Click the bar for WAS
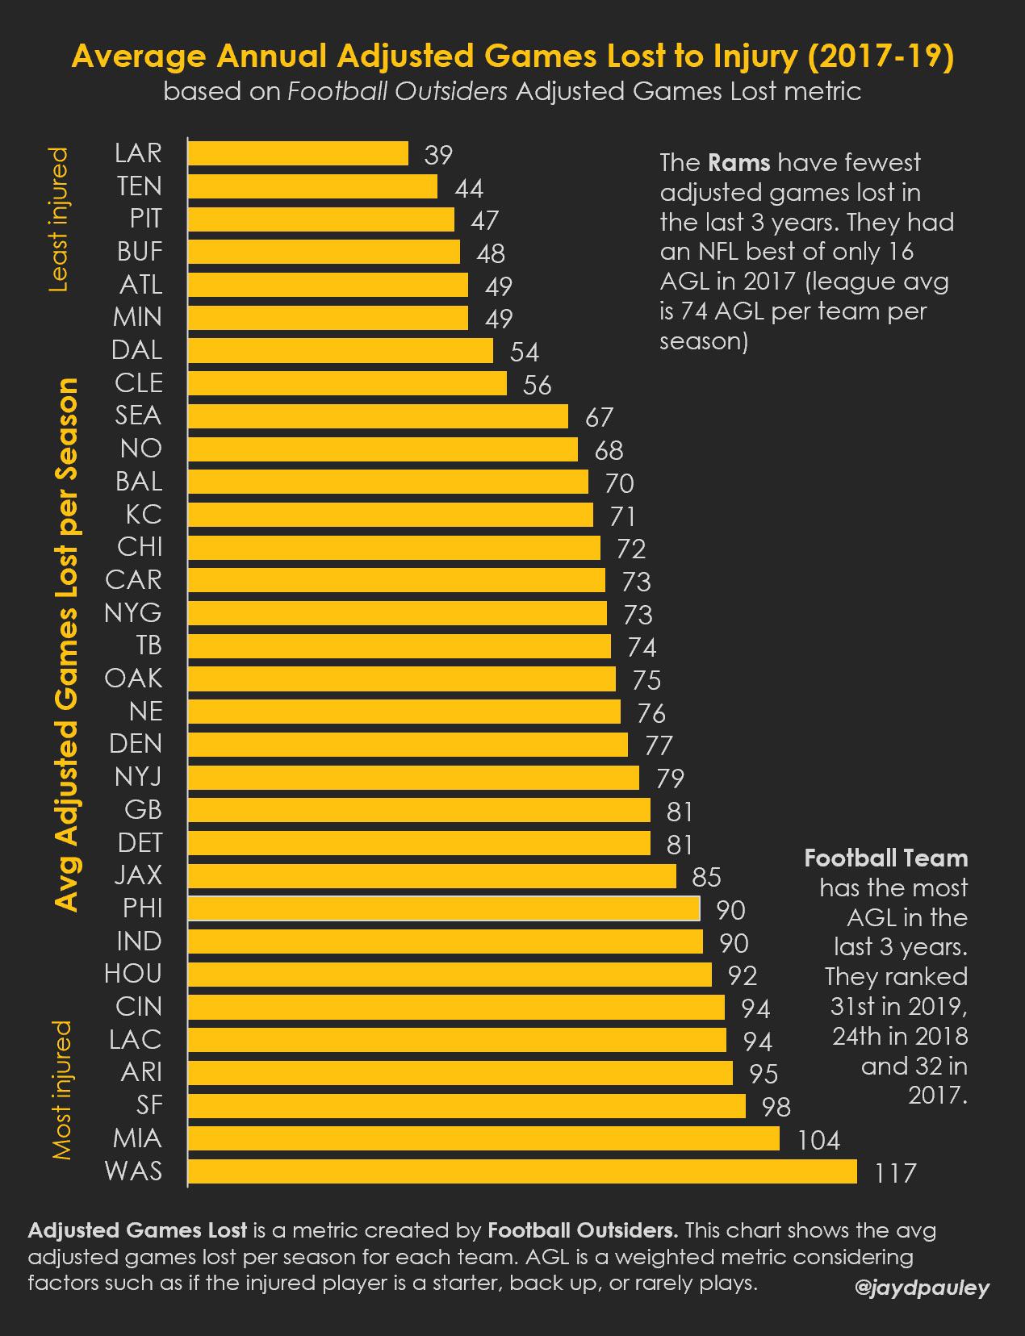point(522,1171)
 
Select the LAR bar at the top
point(298,153)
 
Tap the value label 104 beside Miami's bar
point(818,1140)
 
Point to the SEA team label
point(138,415)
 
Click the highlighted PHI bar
point(444,908)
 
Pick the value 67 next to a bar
point(599,417)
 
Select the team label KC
point(144,514)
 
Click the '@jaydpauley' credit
point(921,1288)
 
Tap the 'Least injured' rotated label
point(60,219)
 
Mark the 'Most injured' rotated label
point(61,1090)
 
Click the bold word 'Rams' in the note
point(738,163)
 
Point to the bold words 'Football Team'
point(885,858)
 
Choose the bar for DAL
point(340,350)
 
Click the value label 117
point(896,1172)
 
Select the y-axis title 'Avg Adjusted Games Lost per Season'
point(67,645)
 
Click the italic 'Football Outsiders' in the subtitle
point(398,91)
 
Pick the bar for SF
point(466,1105)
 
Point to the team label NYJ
point(138,776)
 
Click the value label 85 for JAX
point(706,877)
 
